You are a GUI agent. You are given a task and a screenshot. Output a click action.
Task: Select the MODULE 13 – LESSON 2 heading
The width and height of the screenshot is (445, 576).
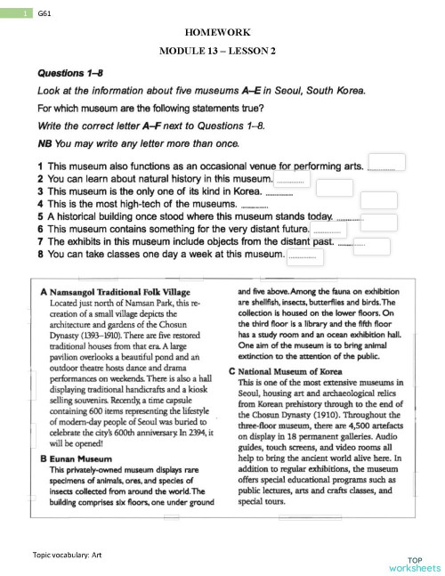[223, 50]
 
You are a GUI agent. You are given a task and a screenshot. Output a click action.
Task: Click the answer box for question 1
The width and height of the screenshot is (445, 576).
[386, 162]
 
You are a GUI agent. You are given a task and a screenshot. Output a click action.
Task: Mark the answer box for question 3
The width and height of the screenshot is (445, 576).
[335, 187]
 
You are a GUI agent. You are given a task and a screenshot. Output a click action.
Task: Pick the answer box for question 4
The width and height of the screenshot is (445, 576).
[378, 200]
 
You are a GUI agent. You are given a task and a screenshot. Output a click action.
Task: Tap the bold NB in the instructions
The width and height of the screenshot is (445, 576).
[44, 143]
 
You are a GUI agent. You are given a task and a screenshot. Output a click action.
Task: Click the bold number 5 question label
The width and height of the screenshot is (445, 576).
[41, 215]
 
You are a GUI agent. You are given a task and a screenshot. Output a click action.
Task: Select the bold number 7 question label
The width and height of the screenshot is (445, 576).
[41, 240]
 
